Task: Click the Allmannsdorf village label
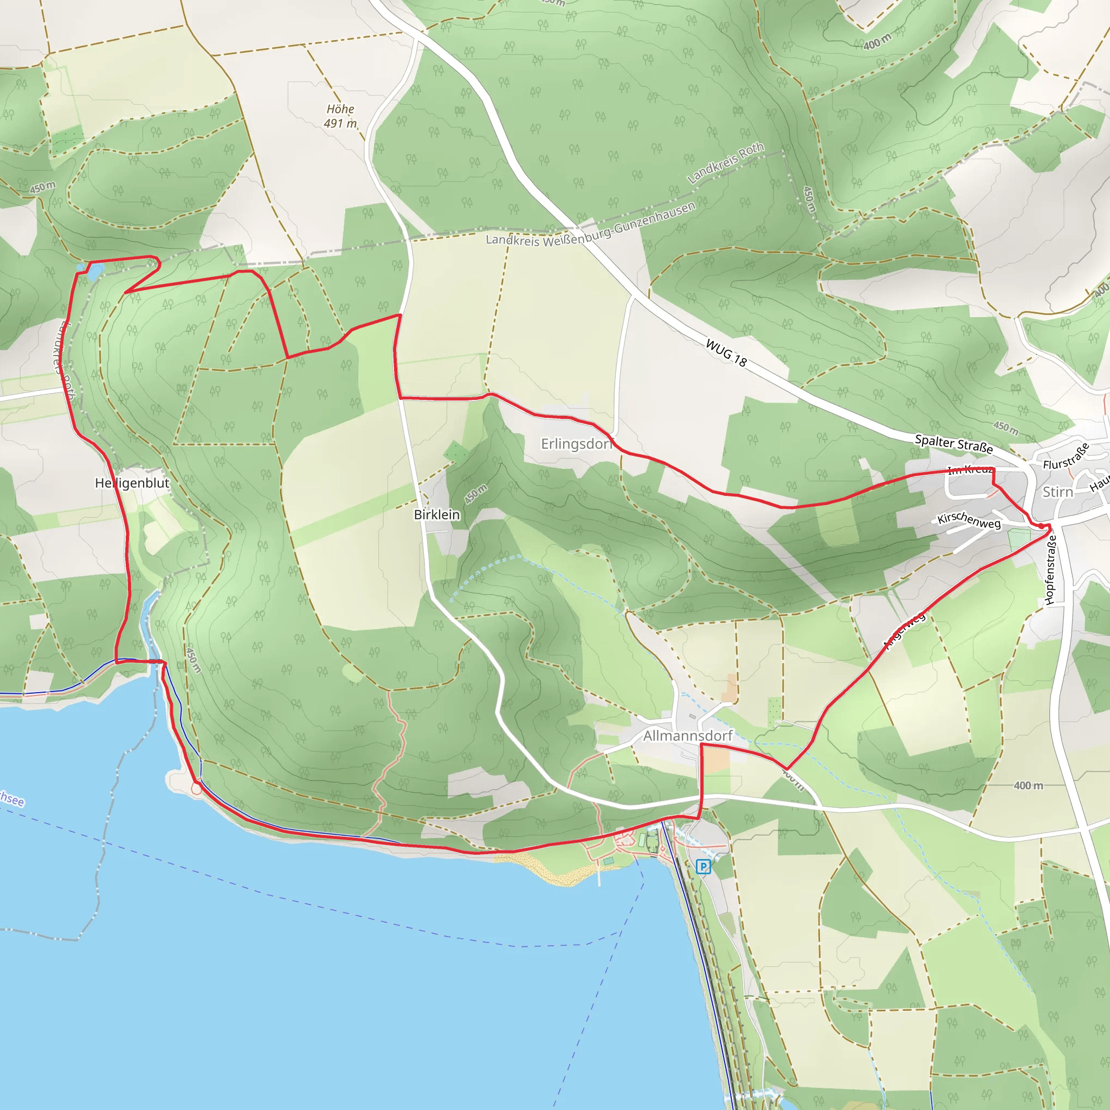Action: pyautogui.click(x=687, y=735)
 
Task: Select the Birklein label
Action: pyautogui.click(x=437, y=514)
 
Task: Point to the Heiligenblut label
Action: pyautogui.click(x=132, y=482)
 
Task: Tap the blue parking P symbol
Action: pyautogui.click(x=703, y=867)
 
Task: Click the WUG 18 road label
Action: pyautogui.click(x=726, y=353)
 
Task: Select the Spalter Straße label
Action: pyautogui.click(x=954, y=443)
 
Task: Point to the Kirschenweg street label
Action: pyautogui.click(x=969, y=519)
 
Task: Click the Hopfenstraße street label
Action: pyautogui.click(x=1051, y=570)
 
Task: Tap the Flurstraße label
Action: pyautogui.click(x=1066, y=456)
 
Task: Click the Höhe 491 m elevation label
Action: pyautogui.click(x=340, y=116)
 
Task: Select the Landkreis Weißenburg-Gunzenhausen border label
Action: pyautogui.click(x=591, y=225)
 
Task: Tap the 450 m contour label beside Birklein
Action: pyautogui.click(x=476, y=494)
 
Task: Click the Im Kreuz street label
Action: pyautogui.click(x=971, y=469)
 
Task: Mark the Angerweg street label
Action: pyautogui.click(x=905, y=630)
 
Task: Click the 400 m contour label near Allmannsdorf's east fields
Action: pyautogui.click(x=1028, y=785)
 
